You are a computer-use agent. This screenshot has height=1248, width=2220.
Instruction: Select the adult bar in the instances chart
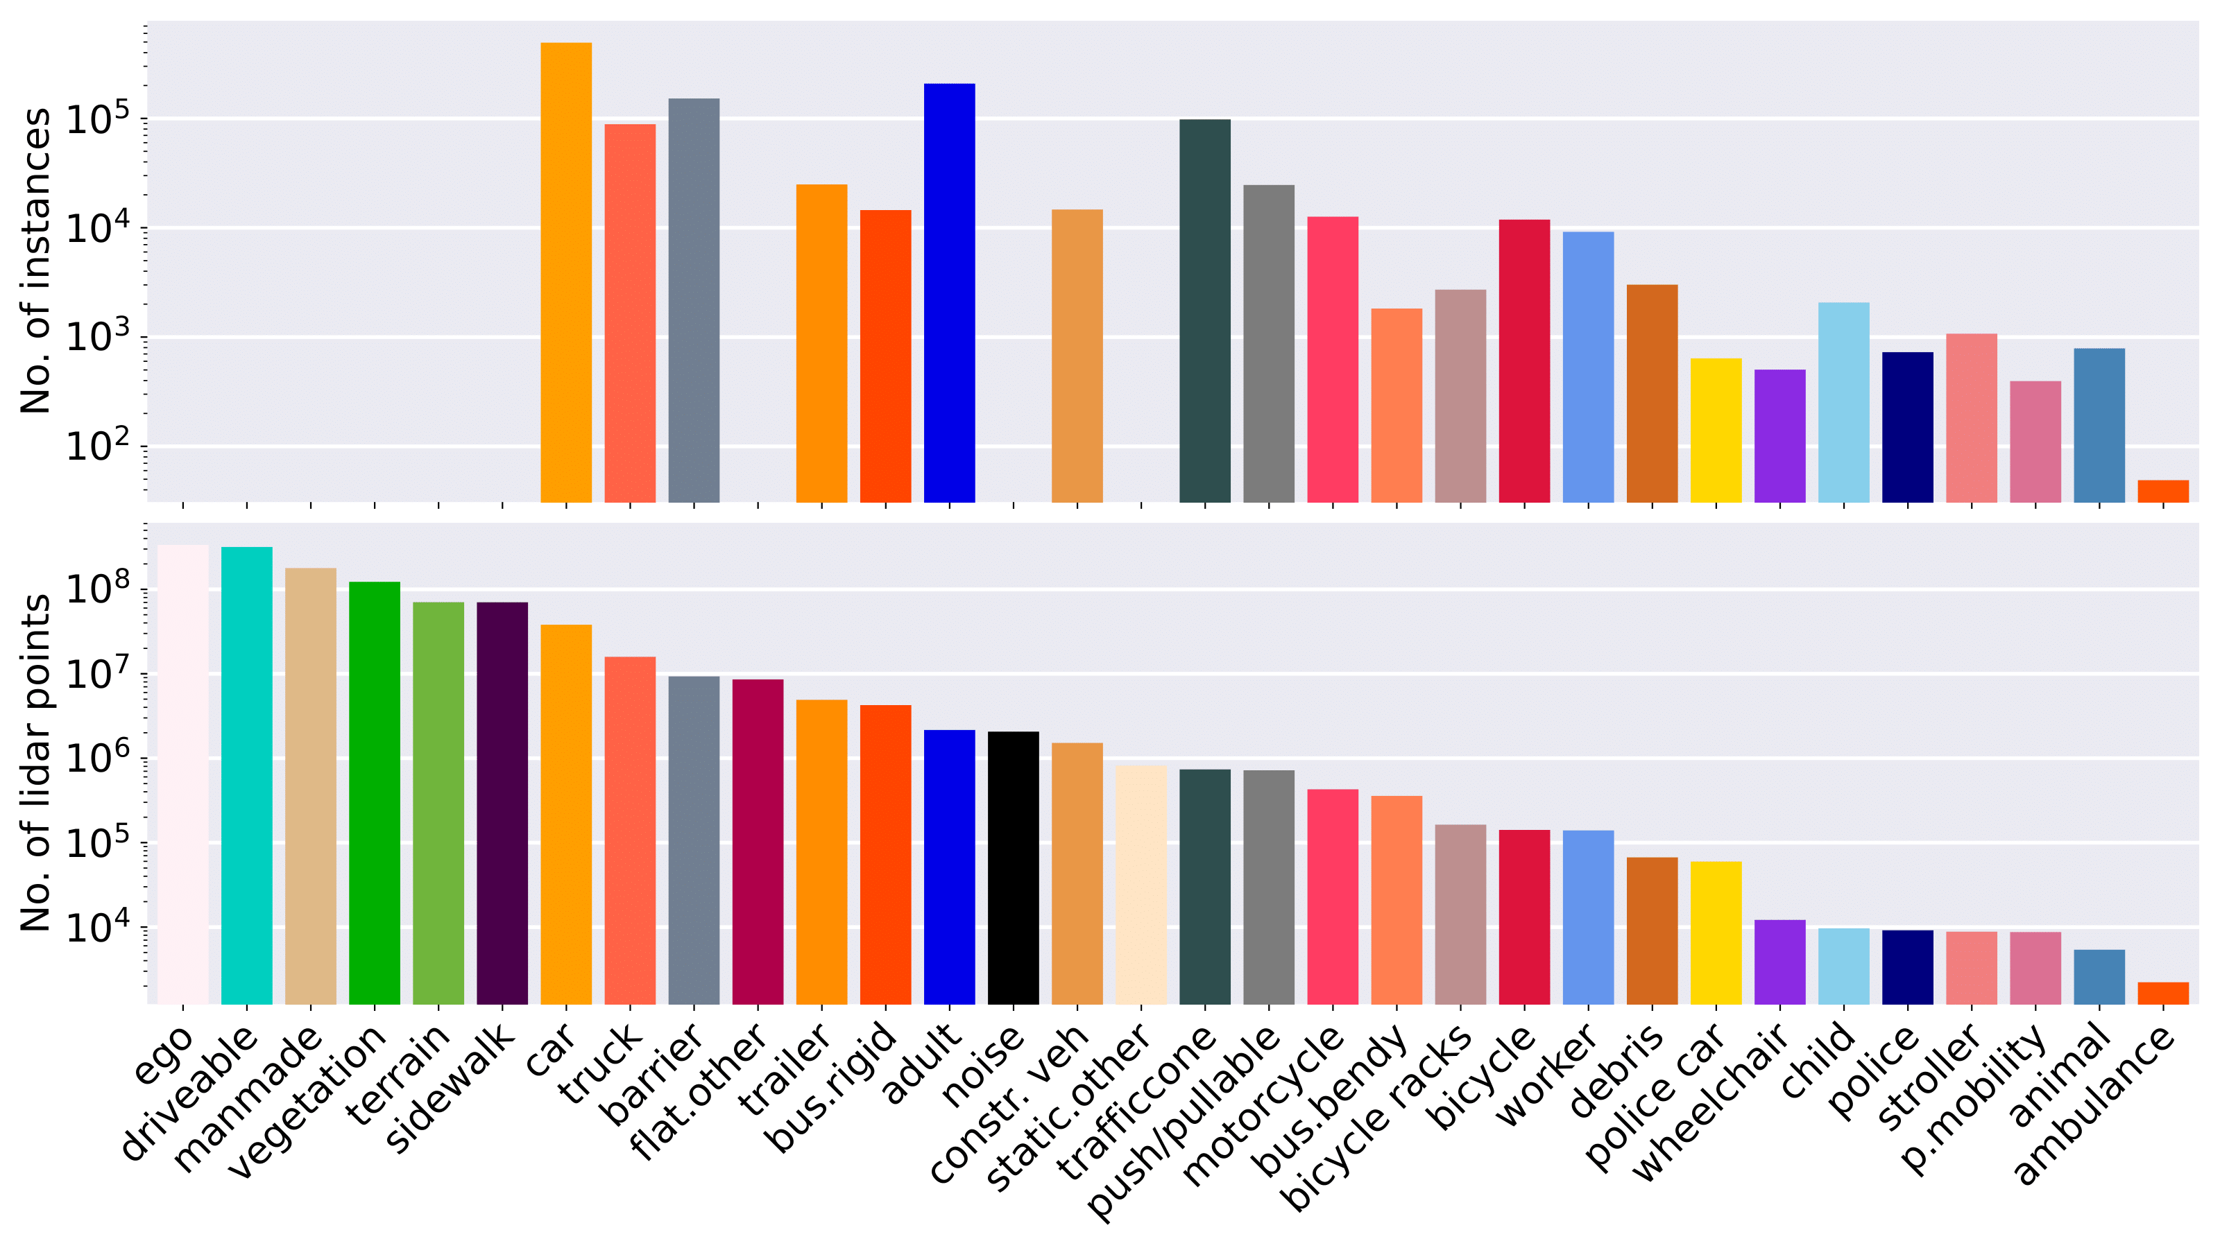point(949,293)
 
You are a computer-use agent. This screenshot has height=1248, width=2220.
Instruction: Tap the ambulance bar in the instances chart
point(2162,491)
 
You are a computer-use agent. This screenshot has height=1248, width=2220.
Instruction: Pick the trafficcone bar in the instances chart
point(1205,310)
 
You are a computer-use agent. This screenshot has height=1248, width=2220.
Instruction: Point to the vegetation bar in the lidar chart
point(374,792)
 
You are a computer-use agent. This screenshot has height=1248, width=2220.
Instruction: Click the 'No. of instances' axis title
point(36,261)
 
